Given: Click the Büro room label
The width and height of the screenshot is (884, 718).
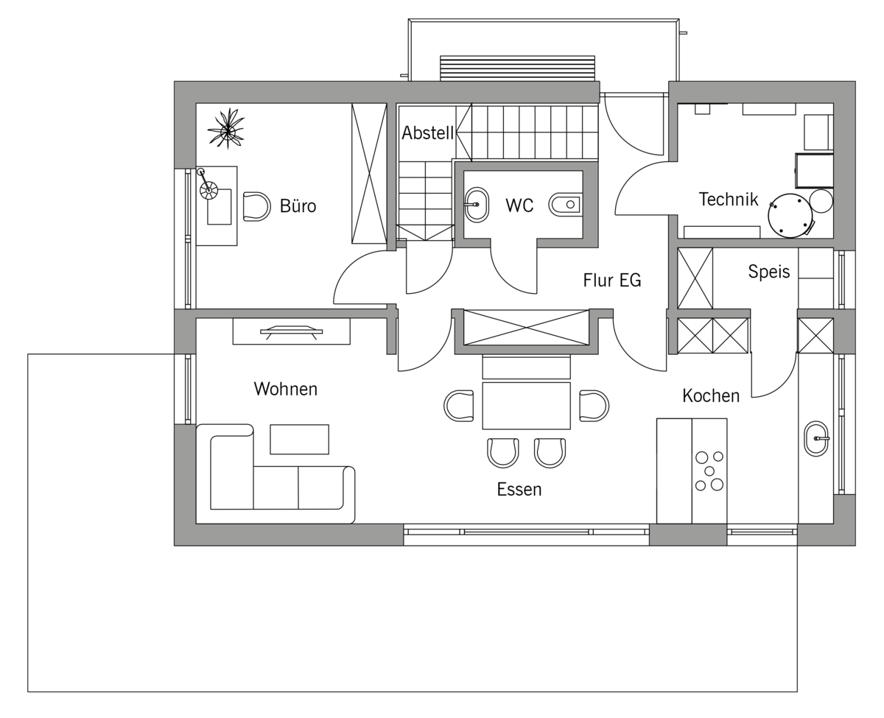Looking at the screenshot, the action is click(298, 205).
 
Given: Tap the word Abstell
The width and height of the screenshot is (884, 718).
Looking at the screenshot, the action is click(427, 133).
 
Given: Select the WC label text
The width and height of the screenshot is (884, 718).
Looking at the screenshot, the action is click(519, 205).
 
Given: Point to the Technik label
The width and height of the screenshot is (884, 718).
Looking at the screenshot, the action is click(729, 199).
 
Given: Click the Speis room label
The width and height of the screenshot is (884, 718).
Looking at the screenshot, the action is click(768, 272).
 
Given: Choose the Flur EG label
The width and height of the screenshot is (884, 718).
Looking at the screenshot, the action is click(611, 280).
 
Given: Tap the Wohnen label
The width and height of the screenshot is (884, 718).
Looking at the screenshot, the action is click(286, 389).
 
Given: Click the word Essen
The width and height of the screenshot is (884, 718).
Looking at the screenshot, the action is click(519, 490).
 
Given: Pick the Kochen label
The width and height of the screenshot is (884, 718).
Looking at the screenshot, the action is click(711, 395).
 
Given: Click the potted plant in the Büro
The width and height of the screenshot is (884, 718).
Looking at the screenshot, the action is click(227, 128).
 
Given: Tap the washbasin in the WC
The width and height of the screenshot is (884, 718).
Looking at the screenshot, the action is click(477, 205).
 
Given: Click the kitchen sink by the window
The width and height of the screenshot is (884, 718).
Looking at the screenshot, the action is click(816, 438).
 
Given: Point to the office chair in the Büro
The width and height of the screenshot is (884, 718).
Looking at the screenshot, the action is click(256, 206).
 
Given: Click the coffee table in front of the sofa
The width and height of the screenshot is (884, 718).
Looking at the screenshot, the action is click(299, 439).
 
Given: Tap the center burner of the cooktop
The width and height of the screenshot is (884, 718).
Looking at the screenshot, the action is click(709, 471).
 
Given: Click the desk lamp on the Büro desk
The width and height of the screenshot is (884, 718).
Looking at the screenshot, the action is click(206, 184).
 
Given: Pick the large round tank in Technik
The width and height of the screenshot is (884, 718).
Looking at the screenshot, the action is click(789, 216).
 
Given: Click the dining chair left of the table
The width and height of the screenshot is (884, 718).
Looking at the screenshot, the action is click(459, 406).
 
